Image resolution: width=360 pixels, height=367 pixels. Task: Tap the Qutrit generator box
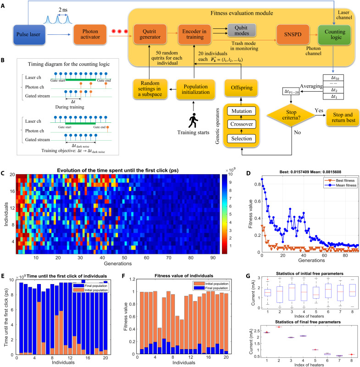point(148,33)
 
